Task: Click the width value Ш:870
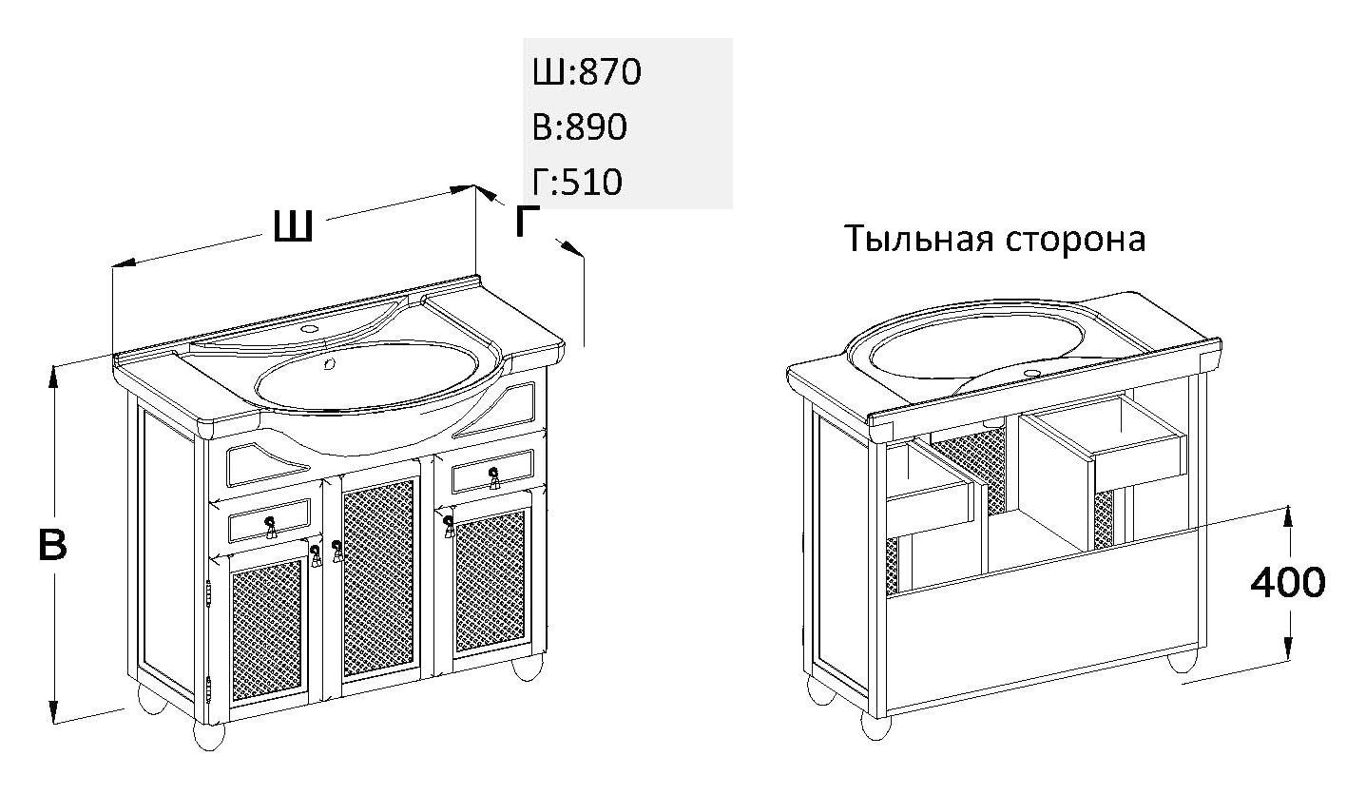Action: pos(587,72)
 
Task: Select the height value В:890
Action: pos(579,126)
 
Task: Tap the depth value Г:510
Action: pos(578,182)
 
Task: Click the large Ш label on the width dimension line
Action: pos(294,225)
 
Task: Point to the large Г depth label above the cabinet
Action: pos(528,221)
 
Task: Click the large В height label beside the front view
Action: pos(52,544)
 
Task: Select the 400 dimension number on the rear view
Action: pos(1288,582)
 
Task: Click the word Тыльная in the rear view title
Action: pos(920,239)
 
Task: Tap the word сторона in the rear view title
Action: pos(1076,240)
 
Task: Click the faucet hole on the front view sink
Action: pos(310,329)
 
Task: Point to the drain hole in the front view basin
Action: pos(329,364)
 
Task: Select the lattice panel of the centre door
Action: pos(378,577)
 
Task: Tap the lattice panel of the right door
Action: pos(490,581)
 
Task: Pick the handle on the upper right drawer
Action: pos(493,477)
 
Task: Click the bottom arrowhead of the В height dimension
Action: pos(54,709)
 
